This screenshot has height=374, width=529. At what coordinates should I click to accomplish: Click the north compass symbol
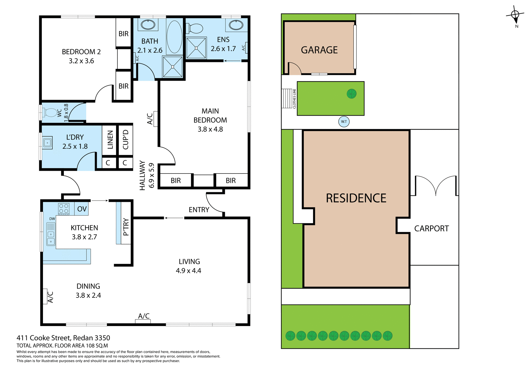coord(515,15)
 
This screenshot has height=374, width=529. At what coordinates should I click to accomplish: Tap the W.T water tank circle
coord(344,121)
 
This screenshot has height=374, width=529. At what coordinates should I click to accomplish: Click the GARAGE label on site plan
coord(319,50)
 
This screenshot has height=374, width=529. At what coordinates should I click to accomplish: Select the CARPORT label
coord(431,229)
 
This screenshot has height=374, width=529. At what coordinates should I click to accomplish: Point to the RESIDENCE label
coord(356,198)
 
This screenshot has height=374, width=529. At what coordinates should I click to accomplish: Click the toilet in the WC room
coord(50,112)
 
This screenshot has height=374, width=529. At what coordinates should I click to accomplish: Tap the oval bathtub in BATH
coord(174,37)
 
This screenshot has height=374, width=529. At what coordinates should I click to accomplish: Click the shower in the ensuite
coord(196,48)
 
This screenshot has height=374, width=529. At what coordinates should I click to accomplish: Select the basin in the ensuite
coord(236,25)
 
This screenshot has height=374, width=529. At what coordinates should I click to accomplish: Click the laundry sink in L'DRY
coord(47,143)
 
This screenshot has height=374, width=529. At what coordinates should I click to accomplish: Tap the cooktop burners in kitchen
coord(64,209)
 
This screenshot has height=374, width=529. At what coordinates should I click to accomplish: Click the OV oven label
coord(82,209)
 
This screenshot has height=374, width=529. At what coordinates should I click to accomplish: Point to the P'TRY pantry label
coord(126,227)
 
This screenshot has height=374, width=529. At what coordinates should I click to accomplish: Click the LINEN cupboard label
coord(110,140)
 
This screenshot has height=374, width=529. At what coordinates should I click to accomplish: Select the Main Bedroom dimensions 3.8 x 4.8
coord(210,129)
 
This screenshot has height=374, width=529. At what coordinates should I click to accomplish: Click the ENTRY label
coord(199,210)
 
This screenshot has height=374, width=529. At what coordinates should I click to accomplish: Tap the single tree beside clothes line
coord(352,94)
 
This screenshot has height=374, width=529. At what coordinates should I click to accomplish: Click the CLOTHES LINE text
coord(295,99)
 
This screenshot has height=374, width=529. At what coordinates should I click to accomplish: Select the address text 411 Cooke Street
coord(63,338)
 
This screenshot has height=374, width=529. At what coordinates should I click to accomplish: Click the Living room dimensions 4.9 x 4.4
coord(188,271)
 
